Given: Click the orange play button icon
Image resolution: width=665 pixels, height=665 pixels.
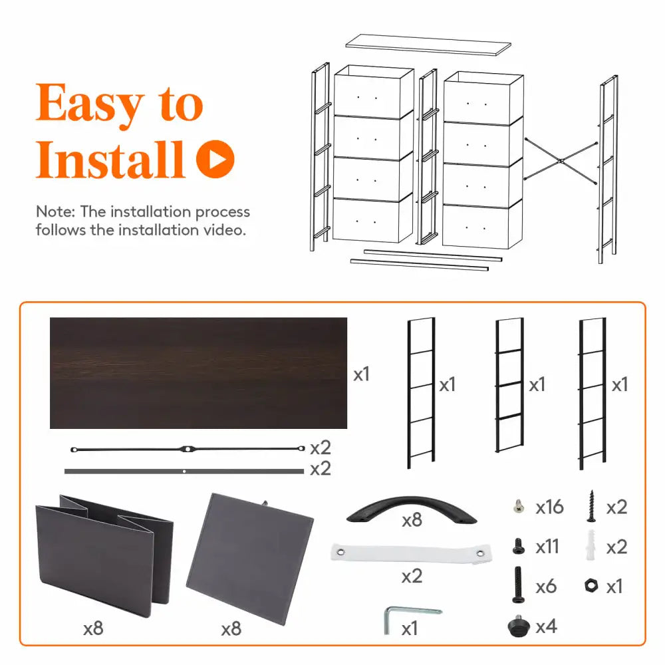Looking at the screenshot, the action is (215, 159).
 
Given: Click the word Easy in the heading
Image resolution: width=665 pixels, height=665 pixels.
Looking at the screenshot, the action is (90, 104).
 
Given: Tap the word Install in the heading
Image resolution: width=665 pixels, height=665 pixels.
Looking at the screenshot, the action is (110, 159).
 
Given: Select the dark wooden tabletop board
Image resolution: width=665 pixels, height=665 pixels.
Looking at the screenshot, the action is (198, 373).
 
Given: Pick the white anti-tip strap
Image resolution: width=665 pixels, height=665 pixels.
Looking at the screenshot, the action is (412, 553).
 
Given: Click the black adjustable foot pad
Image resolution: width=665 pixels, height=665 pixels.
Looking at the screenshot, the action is (518, 626).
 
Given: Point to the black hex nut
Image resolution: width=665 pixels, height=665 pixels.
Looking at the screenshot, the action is (591, 586).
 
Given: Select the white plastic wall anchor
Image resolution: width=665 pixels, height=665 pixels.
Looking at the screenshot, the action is (591, 545).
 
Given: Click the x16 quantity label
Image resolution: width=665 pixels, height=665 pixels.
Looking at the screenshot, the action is (549, 507).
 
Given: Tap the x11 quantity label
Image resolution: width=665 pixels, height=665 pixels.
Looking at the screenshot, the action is (547, 547).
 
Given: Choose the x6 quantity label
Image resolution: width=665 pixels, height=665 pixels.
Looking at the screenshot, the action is (546, 587).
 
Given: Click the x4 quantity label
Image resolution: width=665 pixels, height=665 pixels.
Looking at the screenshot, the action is (546, 626).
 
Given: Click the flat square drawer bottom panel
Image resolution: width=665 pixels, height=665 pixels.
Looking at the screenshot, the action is (250, 559).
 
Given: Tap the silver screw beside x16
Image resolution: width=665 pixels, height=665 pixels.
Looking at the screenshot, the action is (518, 506).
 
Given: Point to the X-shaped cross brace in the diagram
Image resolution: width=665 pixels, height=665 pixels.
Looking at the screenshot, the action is (561, 161).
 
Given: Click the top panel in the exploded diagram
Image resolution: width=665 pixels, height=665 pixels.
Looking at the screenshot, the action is (428, 45).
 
